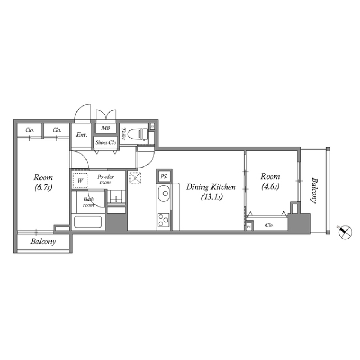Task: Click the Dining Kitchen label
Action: click(211, 187)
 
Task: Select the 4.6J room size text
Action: click(270, 186)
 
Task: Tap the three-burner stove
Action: click(163, 219)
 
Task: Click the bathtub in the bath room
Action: click(88, 222)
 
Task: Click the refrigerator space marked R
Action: click(134, 178)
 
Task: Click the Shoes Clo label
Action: click(106, 142)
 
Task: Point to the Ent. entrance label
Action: click(81, 135)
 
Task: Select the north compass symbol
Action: click(345, 232)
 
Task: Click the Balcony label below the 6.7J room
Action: click(43, 242)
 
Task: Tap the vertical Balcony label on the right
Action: click(314, 190)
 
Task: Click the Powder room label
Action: click(105, 180)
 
